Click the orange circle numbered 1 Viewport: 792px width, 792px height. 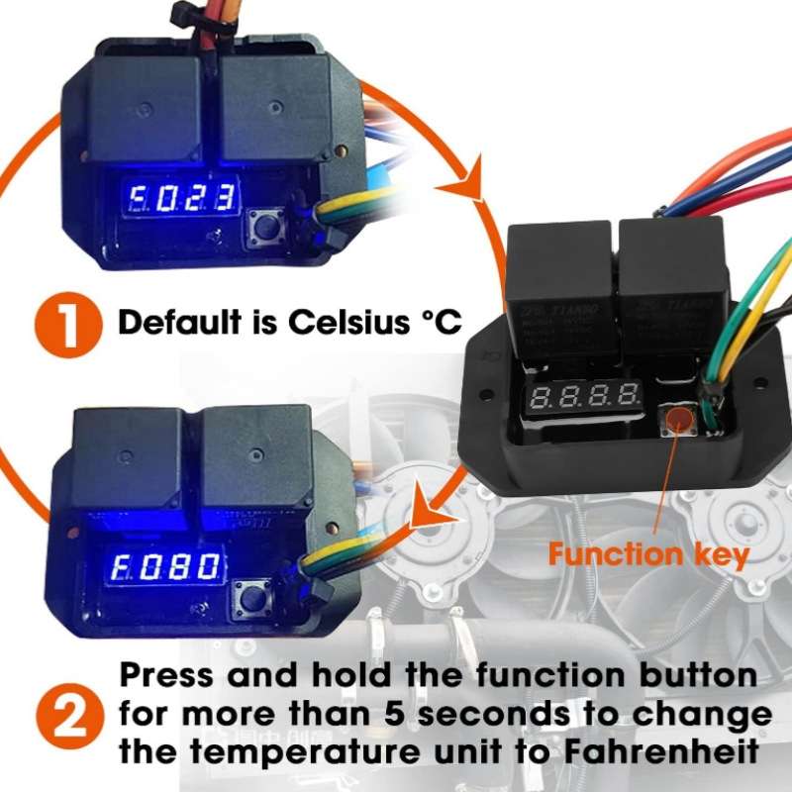point(67,323)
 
